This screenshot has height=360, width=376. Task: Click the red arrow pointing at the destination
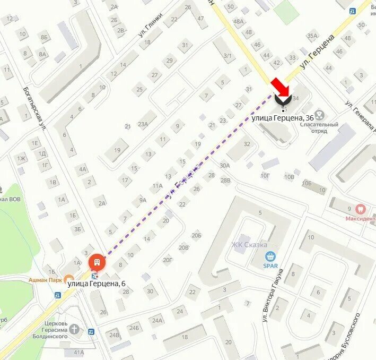(x=279, y=86)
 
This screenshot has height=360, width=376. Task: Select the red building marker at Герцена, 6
(x=96, y=262)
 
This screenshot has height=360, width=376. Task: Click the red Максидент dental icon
(x=361, y=209)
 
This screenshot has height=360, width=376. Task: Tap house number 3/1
(x=228, y=56)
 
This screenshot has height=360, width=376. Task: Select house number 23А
(x=143, y=125)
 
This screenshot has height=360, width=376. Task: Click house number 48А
(x=238, y=21)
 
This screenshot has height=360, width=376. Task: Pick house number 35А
(x=312, y=36)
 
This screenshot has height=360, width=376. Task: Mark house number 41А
(x=79, y=352)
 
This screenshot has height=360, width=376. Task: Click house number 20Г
(x=168, y=260)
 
